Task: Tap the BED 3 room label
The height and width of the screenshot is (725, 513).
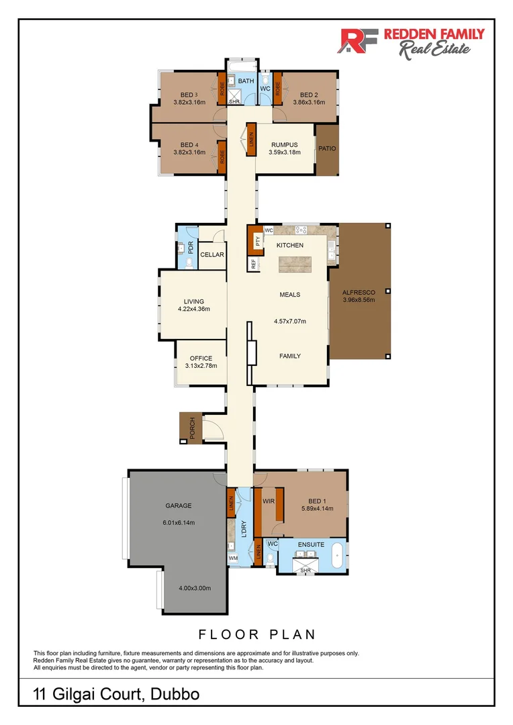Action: coord(189,95)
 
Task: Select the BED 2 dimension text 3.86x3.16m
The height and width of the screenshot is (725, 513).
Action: coord(309,103)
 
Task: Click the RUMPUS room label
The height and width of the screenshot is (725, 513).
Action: coord(285,144)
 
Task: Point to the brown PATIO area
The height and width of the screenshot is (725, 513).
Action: coord(327,149)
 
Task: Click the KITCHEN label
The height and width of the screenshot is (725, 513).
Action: coord(290,246)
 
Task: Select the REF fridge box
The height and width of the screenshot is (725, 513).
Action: coord(254,264)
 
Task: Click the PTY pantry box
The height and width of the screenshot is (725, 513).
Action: coord(256,240)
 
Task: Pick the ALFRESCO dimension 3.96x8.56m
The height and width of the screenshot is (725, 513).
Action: coord(358,300)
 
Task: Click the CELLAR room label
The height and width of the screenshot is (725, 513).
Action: coord(212,255)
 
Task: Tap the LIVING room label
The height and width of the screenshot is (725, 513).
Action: coord(194,301)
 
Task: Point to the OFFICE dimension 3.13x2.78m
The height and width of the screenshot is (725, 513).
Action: coord(201,366)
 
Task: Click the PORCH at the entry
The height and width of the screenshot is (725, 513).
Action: coord(191,428)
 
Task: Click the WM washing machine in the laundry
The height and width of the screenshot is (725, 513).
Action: coord(233,557)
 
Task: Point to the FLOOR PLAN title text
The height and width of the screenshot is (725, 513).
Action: coord(256,634)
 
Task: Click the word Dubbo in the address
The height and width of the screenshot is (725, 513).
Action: coord(173,694)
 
